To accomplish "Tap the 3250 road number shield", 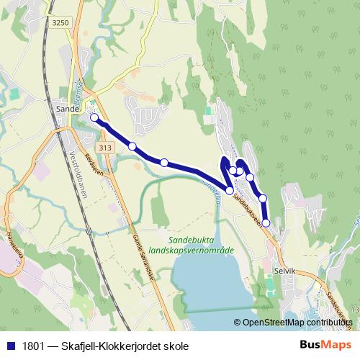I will (x=60, y=23).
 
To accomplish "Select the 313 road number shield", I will (x=106, y=148).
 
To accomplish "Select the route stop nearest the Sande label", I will (x=94, y=117).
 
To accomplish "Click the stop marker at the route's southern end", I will (x=266, y=223).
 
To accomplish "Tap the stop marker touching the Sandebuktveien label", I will (x=230, y=191).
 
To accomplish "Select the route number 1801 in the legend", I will (x=31, y=346).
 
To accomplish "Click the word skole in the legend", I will (x=176, y=346).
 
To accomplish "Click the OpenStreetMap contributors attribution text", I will (x=297, y=323).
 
